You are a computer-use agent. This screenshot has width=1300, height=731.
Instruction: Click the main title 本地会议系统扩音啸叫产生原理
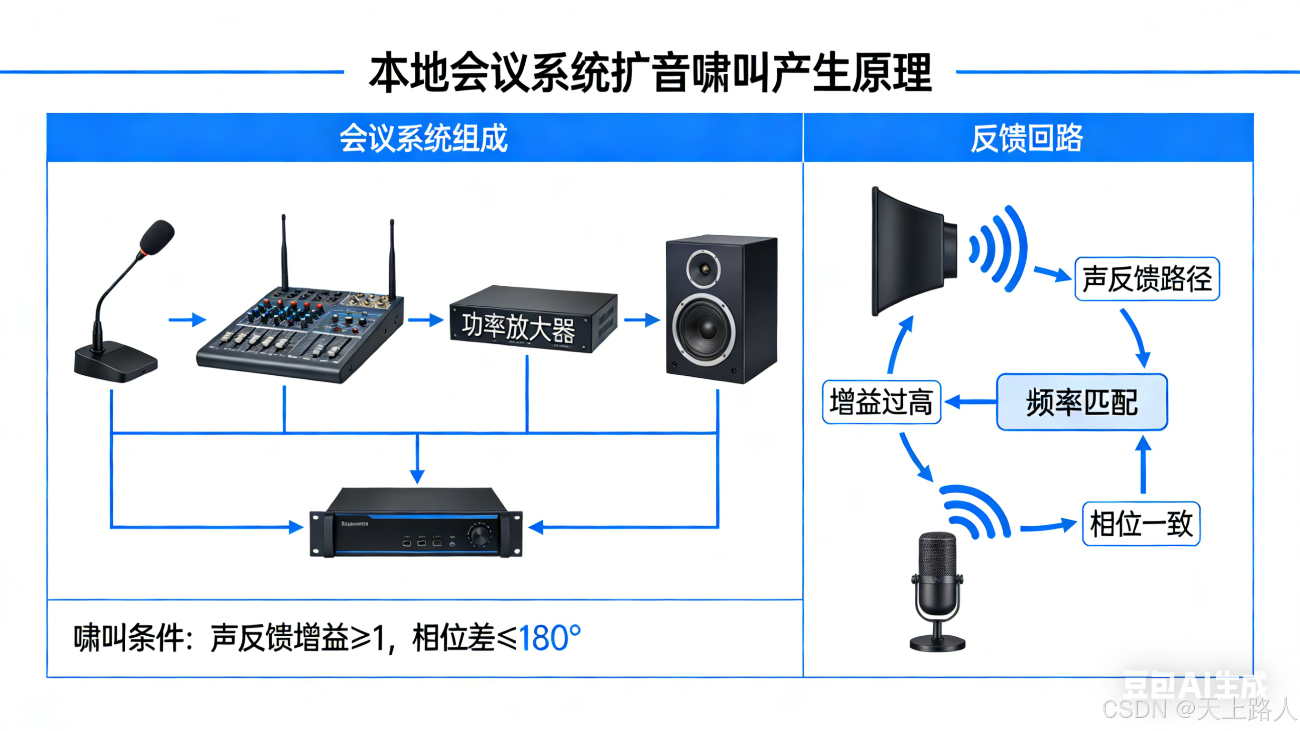pyautogui.click(x=650, y=73)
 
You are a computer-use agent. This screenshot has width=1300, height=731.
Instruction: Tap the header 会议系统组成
pyautogui.click(x=423, y=138)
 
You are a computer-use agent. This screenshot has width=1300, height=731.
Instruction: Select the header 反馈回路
pyautogui.click(x=1027, y=138)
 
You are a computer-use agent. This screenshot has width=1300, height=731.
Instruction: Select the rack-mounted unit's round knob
pyautogui.click(x=479, y=535)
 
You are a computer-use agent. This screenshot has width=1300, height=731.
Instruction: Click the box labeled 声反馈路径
pyautogui.click(x=1147, y=279)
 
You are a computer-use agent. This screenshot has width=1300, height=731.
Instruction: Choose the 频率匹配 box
pyautogui.click(x=1081, y=402)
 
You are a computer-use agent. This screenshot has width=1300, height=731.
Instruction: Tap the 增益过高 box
pyautogui.click(x=881, y=402)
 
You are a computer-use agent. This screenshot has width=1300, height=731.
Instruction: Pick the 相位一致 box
pyautogui.click(x=1140, y=524)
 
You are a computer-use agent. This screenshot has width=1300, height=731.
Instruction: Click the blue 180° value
pyautogui.click(x=550, y=638)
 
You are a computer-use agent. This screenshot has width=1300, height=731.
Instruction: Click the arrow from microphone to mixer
pyautogui.click(x=187, y=320)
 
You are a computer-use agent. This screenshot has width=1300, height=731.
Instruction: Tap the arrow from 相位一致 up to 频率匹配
pyautogui.click(x=1143, y=464)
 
